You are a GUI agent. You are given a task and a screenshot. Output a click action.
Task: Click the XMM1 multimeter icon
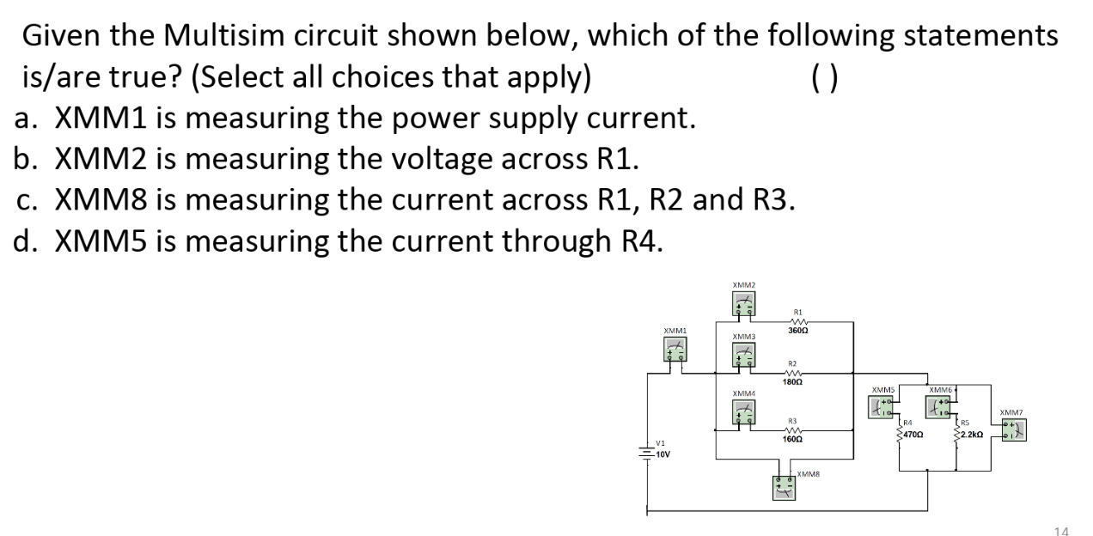pos(675,349)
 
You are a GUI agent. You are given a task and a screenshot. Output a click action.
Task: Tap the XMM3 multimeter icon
pos(744,355)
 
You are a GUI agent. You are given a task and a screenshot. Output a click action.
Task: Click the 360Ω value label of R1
pos(797,330)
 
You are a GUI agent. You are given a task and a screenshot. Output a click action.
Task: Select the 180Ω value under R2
pos(793,381)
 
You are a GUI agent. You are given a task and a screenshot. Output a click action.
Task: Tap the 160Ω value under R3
pos(793,438)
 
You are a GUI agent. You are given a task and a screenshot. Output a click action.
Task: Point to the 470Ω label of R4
pos(913,435)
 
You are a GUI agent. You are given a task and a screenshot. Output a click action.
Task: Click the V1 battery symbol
pos(646,453)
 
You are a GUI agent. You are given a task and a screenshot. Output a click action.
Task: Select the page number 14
pos(1062,530)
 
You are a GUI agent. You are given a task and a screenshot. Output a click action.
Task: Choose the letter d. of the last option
pos(29,241)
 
